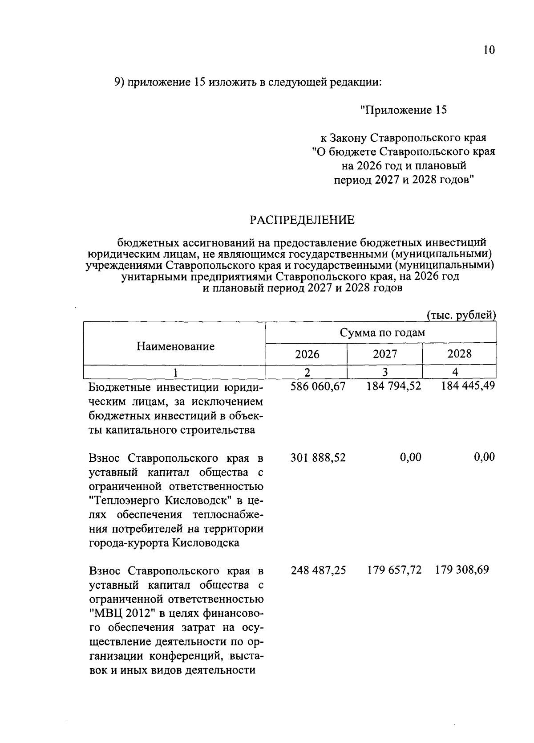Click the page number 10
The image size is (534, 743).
point(489,50)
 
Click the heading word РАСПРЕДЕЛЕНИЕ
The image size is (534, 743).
point(302,220)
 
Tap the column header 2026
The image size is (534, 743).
point(307,354)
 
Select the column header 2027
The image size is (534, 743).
point(385,354)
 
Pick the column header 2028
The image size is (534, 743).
point(459,354)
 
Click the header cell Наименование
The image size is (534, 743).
point(175,347)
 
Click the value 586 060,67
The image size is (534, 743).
point(318,387)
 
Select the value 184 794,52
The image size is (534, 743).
point(393,387)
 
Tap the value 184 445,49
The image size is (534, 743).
point(467,387)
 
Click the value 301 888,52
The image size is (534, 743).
point(318,458)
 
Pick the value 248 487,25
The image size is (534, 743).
point(318,571)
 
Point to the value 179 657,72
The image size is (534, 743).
point(394,571)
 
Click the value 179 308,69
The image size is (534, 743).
point(462,571)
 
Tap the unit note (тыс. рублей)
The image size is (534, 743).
point(461,316)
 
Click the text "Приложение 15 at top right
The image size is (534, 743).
point(403,110)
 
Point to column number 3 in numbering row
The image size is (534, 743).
point(385,372)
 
